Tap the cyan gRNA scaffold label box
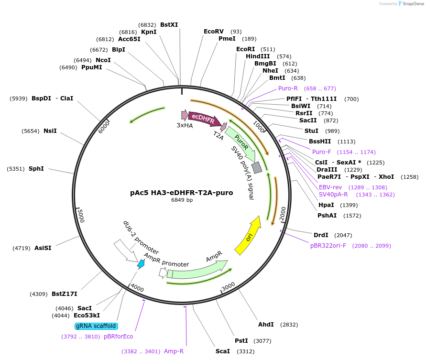96,326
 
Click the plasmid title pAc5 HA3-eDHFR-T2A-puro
182,193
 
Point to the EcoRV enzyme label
214,32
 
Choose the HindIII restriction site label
258,56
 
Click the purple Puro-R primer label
288,88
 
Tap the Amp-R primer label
174,351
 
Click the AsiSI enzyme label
43,248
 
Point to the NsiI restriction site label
50,131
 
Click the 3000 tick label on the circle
229,286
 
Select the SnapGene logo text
414,4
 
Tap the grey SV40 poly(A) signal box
257,167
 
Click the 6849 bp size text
182,200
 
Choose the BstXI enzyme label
169,25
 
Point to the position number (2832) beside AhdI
289,325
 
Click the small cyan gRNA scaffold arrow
141,263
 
